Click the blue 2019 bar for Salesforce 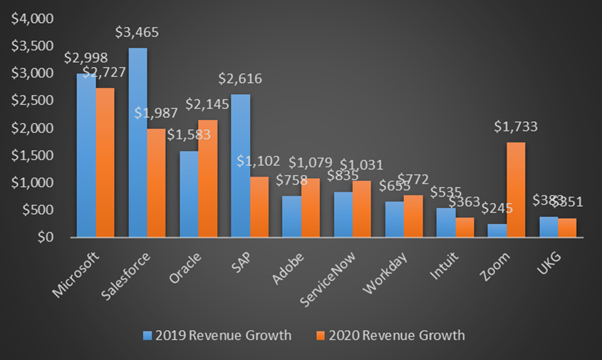137,143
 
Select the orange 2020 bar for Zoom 516,190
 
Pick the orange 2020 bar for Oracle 208,178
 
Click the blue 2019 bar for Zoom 497,230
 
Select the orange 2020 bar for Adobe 311,207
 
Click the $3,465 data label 137,33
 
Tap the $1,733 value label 517,128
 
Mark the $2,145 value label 208,105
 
